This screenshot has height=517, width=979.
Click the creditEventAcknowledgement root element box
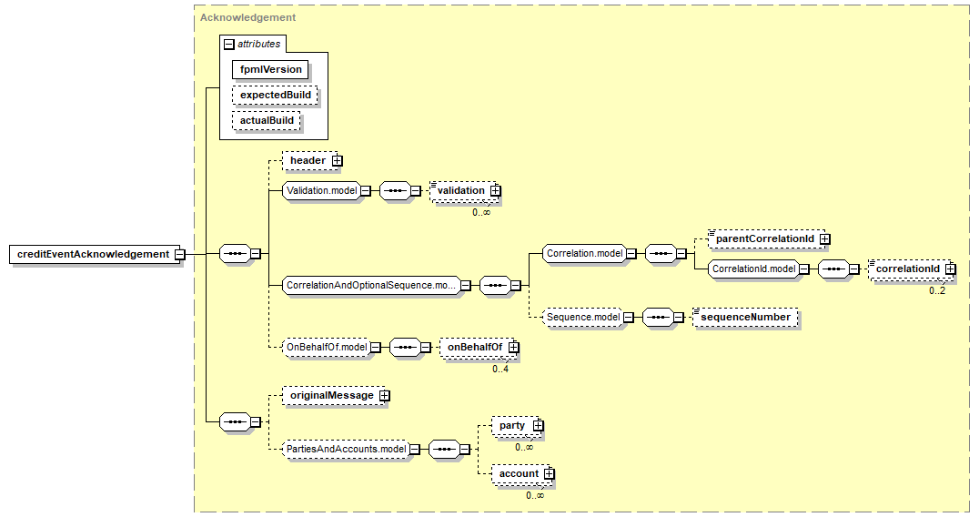[x=93, y=254]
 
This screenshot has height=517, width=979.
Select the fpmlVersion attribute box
[x=270, y=69]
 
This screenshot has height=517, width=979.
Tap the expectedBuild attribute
[x=275, y=95]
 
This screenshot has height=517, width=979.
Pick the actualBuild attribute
[x=266, y=120]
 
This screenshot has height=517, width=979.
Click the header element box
[x=308, y=161]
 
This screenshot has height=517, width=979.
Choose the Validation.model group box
[x=319, y=191]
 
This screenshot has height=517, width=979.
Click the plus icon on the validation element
[x=495, y=191]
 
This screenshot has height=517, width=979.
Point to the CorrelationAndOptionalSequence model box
[x=369, y=285]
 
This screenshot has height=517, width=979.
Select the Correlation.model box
[x=583, y=254]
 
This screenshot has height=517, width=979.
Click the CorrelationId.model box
[x=754, y=269]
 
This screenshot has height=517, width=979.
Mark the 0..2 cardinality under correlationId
[x=937, y=290]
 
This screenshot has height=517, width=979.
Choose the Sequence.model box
[x=583, y=317]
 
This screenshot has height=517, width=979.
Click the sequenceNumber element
[x=745, y=317]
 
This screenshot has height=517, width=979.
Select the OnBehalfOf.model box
[x=327, y=347]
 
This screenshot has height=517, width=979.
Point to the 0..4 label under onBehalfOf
[x=500, y=369]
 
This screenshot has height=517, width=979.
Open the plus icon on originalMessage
[x=384, y=396]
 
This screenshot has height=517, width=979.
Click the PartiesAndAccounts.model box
[x=346, y=449]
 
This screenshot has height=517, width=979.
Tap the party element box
[x=512, y=425]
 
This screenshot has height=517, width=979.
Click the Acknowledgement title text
[x=247, y=17]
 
